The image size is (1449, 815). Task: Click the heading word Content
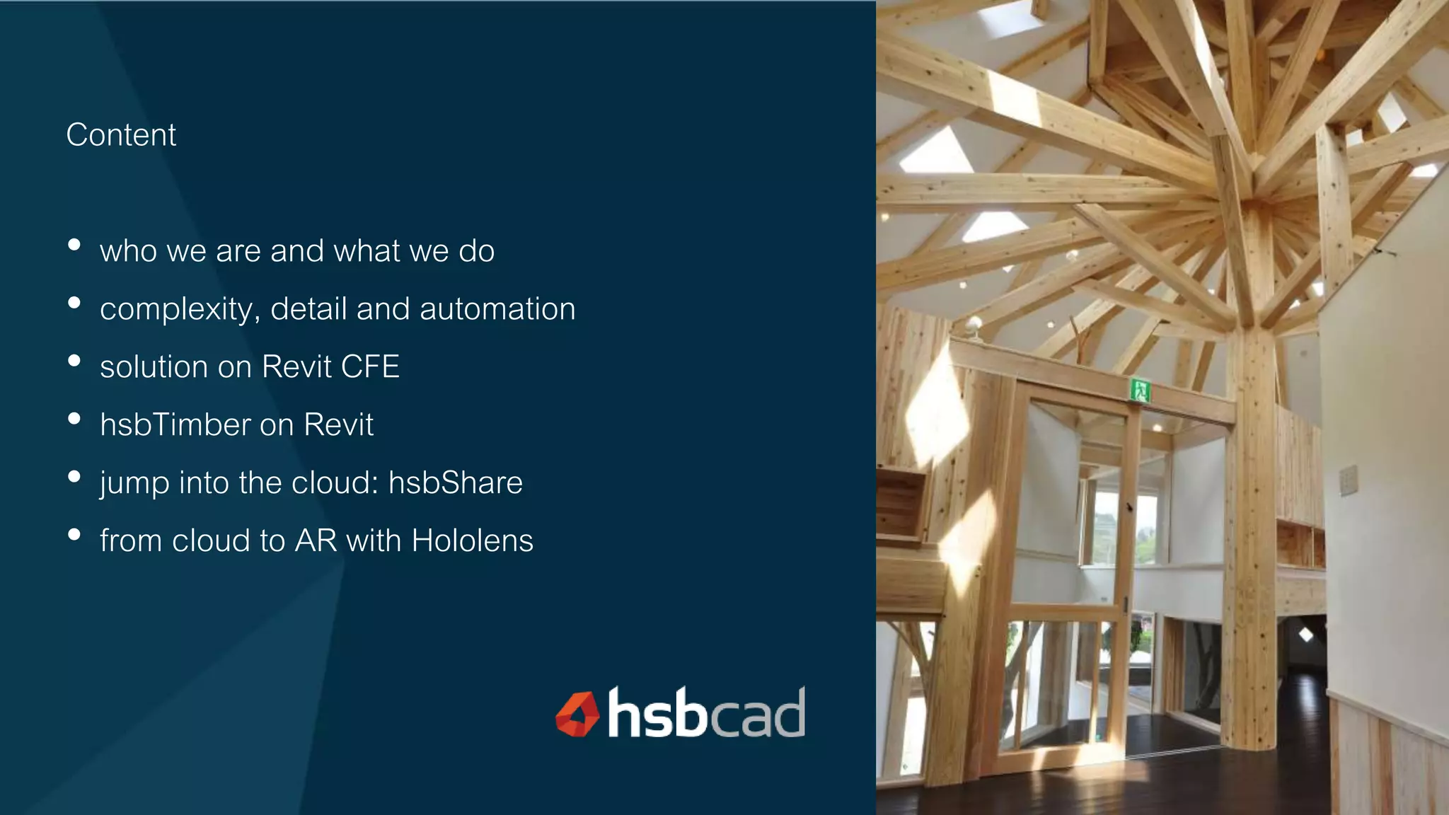(x=121, y=135)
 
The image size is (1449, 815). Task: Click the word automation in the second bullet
(x=497, y=309)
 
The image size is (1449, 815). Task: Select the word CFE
(x=370, y=367)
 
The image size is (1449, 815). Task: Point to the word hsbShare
(x=456, y=483)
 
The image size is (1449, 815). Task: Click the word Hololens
(x=473, y=541)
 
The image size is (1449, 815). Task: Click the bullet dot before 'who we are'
(x=74, y=245)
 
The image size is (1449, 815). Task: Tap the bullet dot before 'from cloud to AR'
(x=74, y=534)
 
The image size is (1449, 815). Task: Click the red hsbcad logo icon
(x=577, y=715)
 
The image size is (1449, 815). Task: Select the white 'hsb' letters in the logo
(x=657, y=712)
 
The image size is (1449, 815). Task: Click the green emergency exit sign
(x=1140, y=390)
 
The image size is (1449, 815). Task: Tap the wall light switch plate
(x=1349, y=480)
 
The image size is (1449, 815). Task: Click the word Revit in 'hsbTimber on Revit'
(x=338, y=425)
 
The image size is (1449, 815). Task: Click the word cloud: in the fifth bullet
(x=335, y=483)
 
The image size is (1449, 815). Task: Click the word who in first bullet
(x=128, y=252)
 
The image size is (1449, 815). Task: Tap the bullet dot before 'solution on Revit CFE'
(x=74, y=361)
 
